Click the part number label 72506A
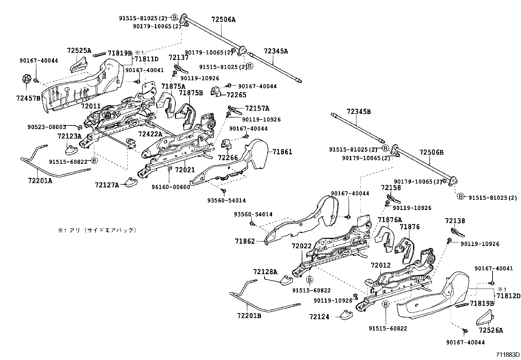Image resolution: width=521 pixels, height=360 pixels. [224, 20]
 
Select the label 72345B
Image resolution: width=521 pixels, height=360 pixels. [359, 112]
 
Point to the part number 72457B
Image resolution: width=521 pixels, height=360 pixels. [28, 98]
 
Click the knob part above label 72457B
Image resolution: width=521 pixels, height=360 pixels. [27, 79]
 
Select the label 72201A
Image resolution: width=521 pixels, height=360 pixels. [40, 180]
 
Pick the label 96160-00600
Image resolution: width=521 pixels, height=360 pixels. [171, 187]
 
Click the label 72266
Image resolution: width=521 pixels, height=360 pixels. [228, 158]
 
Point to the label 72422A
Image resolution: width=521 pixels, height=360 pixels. [150, 134]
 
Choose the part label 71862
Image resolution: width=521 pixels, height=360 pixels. [244, 241]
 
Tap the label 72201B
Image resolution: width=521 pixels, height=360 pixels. [249, 315]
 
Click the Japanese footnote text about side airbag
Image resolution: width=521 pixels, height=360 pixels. [97, 230]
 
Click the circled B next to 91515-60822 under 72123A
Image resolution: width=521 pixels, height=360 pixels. [94, 161]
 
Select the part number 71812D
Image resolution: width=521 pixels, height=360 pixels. [508, 296]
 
